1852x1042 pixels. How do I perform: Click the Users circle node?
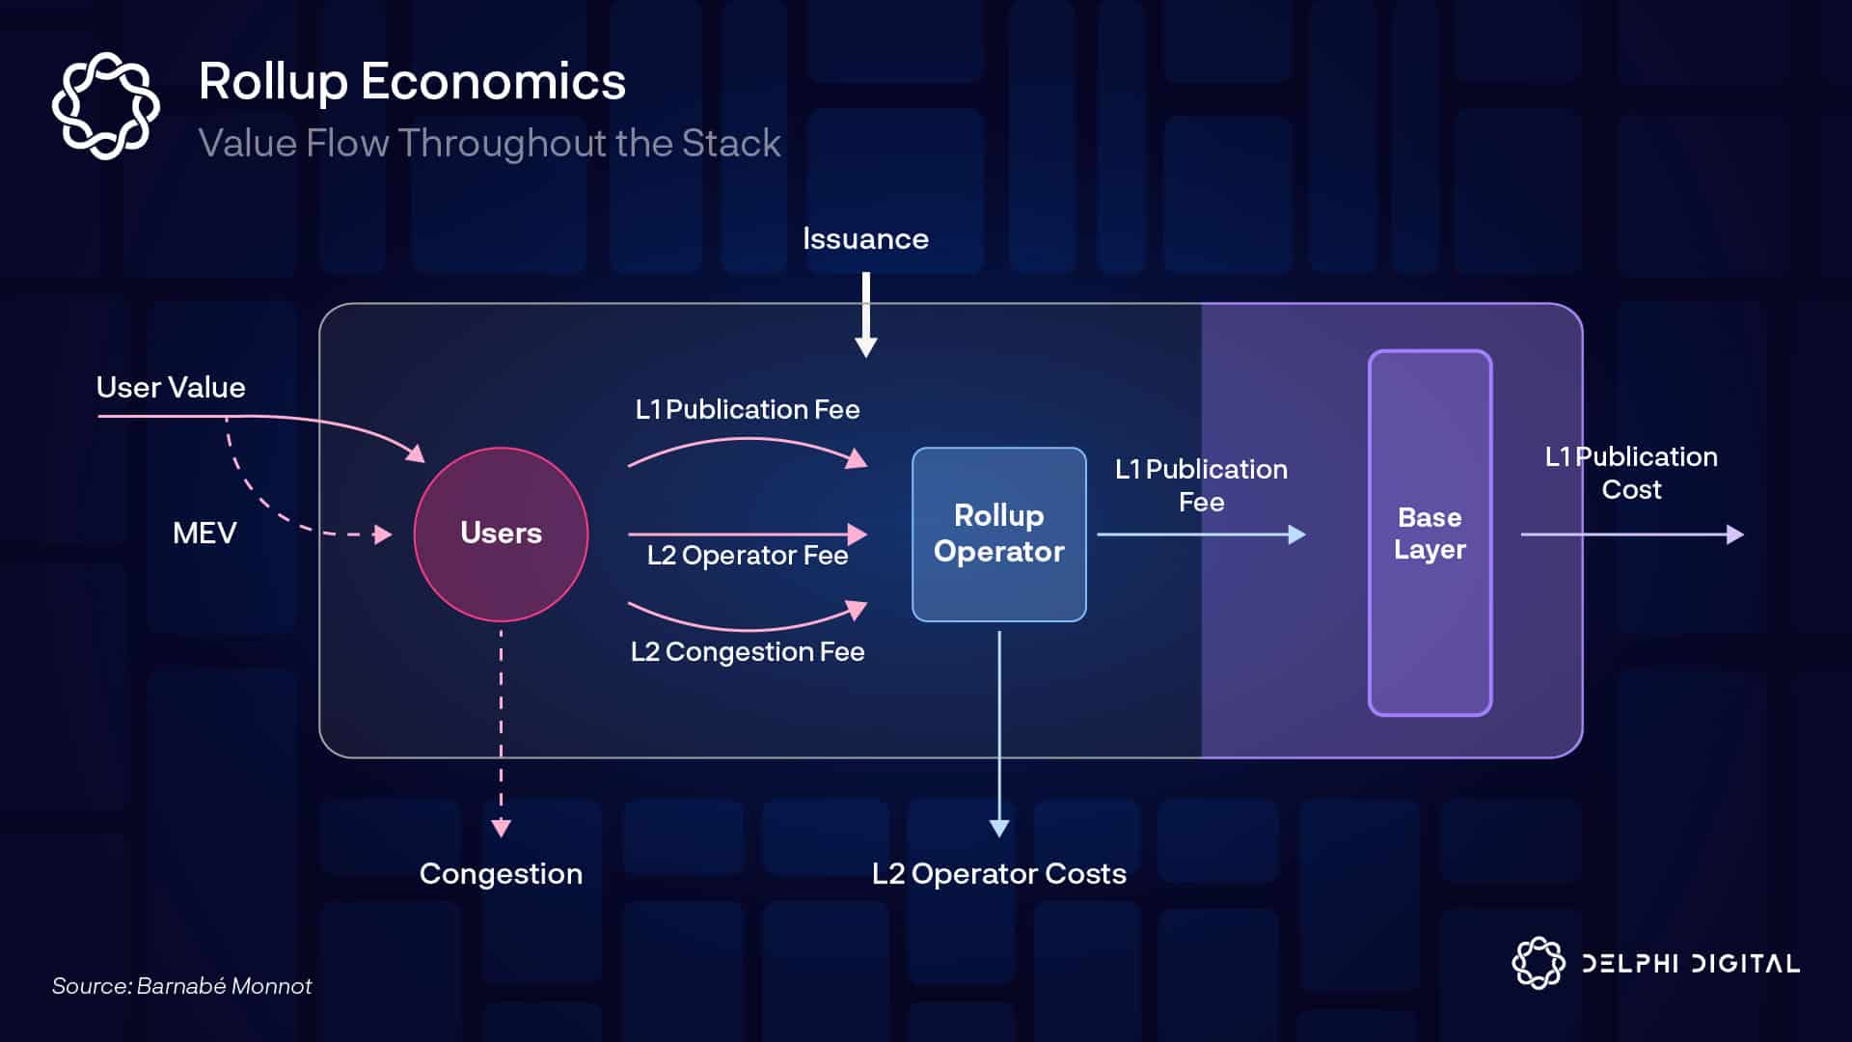pyautogui.click(x=501, y=534)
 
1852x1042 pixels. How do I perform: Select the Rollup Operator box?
pyautogui.click(x=998, y=534)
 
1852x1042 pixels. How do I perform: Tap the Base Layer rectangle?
pyautogui.click(x=1430, y=533)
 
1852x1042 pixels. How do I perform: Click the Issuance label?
pyautogui.click(x=865, y=239)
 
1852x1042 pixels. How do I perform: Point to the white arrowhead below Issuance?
pyautogui.click(x=866, y=347)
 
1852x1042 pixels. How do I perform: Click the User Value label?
pyautogui.click(x=171, y=388)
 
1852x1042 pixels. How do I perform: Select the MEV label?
pyautogui.click(x=204, y=534)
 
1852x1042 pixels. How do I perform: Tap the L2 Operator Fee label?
pyautogui.click(x=748, y=556)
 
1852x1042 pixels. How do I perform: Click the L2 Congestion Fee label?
pyautogui.click(x=748, y=652)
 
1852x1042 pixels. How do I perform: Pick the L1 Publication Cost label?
pyautogui.click(x=1631, y=473)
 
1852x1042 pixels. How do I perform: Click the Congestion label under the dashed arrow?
pyautogui.click(x=501, y=874)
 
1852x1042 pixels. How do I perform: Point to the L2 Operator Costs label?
pyautogui.click(x=998, y=874)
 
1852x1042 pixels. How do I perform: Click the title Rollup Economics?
pyautogui.click(x=412, y=81)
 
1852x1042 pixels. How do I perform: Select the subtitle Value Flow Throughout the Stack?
pyautogui.click(x=489, y=144)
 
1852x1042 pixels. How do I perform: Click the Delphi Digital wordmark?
pyautogui.click(x=1690, y=964)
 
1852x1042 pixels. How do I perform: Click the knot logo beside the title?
pyautogui.click(x=105, y=105)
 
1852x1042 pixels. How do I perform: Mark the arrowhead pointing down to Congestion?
pyautogui.click(x=501, y=828)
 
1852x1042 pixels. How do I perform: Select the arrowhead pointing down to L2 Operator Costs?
pyautogui.click(x=999, y=828)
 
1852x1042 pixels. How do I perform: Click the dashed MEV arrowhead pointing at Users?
pyautogui.click(x=383, y=534)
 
